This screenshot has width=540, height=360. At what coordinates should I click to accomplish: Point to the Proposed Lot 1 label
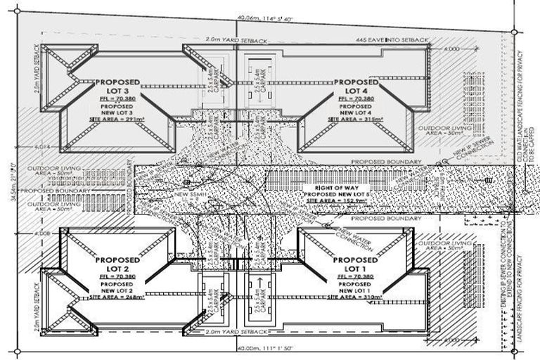click(x=355, y=264)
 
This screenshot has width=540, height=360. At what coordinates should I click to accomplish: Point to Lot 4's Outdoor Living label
click(x=439, y=133)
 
